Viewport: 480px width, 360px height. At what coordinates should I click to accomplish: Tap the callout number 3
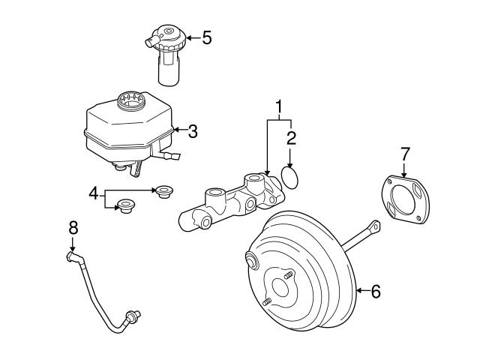click(x=193, y=132)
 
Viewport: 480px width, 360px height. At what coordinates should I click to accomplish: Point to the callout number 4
click(x=94, y=194)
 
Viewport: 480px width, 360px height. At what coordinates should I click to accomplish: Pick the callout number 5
click(x=206, y=37)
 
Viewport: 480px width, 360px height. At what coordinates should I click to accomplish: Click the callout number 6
click(x=375, y=291)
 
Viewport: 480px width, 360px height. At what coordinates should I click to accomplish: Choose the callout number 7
click(x=405, y=153)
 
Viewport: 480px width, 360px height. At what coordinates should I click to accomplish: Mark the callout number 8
click(x=73, y=228)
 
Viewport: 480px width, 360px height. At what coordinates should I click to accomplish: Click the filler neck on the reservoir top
click(x=132, y=99)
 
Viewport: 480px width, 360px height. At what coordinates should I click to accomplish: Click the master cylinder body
click(x=229, y=205)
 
